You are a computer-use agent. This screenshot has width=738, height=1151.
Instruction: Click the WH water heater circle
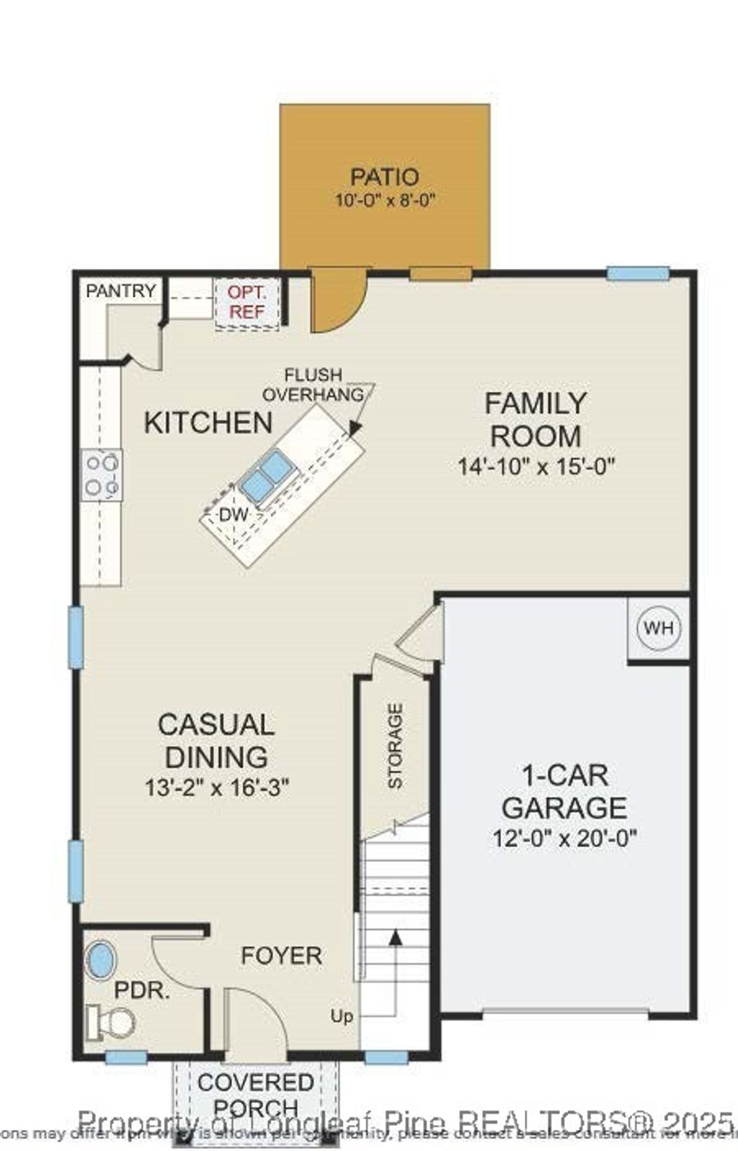pyautogui.click(x=659, y=628)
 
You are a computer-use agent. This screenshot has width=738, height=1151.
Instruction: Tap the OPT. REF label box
pyautogui.click(x=247, y=303)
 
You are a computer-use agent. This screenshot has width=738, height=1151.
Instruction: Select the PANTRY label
pyautogui.click(x=120, y=290)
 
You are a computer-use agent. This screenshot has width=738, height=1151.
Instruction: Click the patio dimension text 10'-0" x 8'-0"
pyautogui.click(x=386, y=200)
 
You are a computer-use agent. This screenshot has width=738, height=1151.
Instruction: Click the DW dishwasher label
pyautogui.click(x=233, y=515)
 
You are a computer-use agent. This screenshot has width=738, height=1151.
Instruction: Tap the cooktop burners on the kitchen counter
pyautogui.click(x=101, y=474)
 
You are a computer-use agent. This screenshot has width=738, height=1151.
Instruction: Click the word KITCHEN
pyautogui.click(x=208, y=423)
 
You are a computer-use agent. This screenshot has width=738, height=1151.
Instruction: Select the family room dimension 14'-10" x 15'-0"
pyautogui.click(x=536, y=466)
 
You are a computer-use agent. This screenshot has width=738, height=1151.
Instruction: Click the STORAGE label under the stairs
pyautogui.click(x=396, y=746)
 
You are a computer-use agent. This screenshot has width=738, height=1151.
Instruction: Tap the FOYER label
pyautogui.click(x=281, y=956)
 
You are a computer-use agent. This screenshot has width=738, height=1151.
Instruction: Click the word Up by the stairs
pyautogui.click(x=342, y=1016)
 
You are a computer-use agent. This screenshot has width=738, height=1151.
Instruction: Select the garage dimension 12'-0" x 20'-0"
pyautogui.click(x=565, y=838)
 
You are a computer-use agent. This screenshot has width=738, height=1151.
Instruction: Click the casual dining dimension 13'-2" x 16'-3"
pyautogui.click(x=217, y=787)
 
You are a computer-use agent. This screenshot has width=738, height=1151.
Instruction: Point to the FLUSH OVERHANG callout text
pyautogui.click(x=313, y=385)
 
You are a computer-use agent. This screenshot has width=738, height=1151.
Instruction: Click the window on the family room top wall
pyautogui.click(x=638, y=273)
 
